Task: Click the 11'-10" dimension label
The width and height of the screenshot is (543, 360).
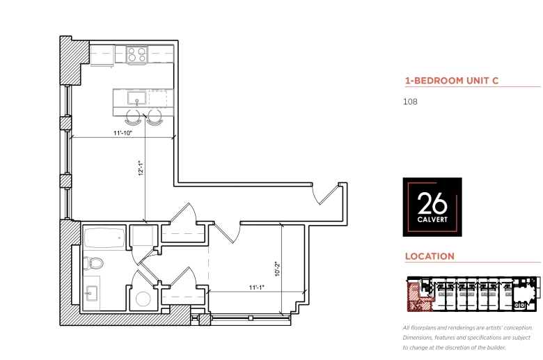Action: pyautogui.click(x=123, y=133)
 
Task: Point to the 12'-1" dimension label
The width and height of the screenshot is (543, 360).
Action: pyautogui.click(x=141, y=168)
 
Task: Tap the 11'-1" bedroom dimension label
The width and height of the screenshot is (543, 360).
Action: pyautogui.click(x=257, y=288)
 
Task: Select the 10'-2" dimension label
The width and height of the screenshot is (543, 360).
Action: pyautogui.click(x=277, y=269)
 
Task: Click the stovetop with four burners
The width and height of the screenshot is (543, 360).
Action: pyautogui.click(x=136, y=55)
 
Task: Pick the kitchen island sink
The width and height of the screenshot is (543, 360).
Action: pyautogui.click(x=136, y=98)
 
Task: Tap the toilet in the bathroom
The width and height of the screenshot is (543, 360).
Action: pyautogui.click(x=93, y=263)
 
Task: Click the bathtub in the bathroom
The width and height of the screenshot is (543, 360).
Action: pyautogui.click(x=104, y=238)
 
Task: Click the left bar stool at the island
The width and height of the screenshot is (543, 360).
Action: pyautogui.click(x=134, y=118)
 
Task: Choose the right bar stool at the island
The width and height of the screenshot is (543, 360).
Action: pyautogui.click(x=155, y=118)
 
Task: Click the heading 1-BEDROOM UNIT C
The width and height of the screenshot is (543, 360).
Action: pyautogui.click(x=452, y=81)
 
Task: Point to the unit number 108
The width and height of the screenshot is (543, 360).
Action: pyautogui.click(x=410, y=102)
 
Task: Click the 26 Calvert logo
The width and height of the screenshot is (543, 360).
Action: pyautogui.click(x=432, y=208)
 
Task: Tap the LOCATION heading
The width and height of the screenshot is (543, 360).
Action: pyautogui.click(x=430, y=256)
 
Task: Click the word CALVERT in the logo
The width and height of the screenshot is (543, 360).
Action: pyautogui.click(x=432, y=219)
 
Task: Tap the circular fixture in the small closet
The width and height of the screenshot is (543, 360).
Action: pyautogui.click(x=143, y=299)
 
